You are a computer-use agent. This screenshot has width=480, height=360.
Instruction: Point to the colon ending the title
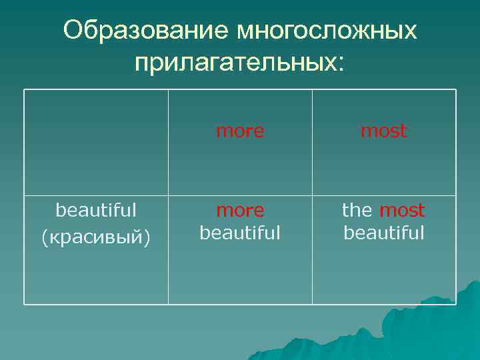pyautogui.click(x=342, y=63)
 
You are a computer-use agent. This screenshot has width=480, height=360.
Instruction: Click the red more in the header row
pyautogui.click(x=240, y=131)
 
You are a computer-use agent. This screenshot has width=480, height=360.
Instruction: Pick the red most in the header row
pyautogui.click(x=383, y=131)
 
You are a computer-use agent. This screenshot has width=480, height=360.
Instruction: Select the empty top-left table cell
pyautogui.click(x=96, y=142)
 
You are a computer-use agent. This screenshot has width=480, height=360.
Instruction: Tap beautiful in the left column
pyautogui.click(x=96, y=210)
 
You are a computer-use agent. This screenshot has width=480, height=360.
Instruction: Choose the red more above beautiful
pyautogui.click(x=240, y=211)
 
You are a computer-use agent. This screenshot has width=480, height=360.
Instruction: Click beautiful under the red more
pyautogui.click(x=240, y=233)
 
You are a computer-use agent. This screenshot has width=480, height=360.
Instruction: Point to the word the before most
pyautogui.click(x=357, y=211)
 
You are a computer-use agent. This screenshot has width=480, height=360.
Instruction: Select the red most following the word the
pyautogui.click(x=402, y=211)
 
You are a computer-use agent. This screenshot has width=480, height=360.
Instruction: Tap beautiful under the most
pyautogui.click(x=383, y=233)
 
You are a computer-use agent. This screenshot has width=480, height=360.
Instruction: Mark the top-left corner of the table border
pyautogui.click(x=24, y=89)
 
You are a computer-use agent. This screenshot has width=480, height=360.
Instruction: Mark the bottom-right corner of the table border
pyautogui.click(x=456, y=304)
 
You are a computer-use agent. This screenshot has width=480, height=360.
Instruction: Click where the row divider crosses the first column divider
pyautogui.click(x=168, y=195)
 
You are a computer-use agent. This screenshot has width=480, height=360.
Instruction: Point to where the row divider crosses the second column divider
pyautogui.click(x=312, y=195)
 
